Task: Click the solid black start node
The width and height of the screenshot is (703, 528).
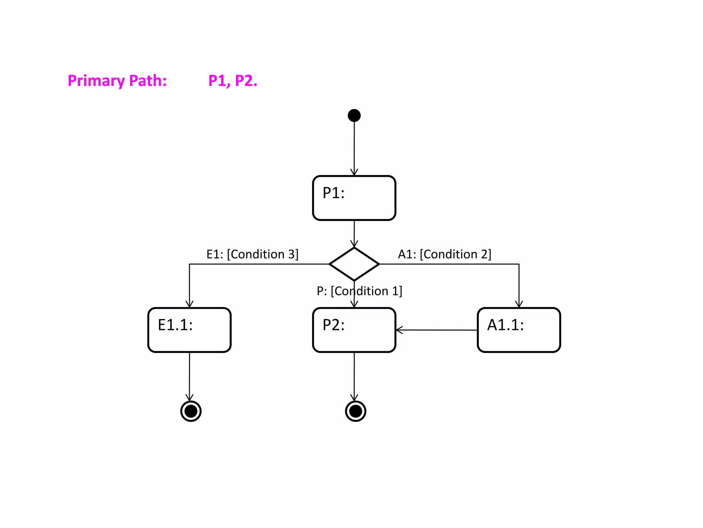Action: (x=354, y=115)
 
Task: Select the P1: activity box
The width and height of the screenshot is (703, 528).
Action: (x=354, y=198)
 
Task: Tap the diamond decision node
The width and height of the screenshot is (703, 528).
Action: (x=354, y=264)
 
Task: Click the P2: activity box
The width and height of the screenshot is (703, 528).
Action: (x=354, y=330)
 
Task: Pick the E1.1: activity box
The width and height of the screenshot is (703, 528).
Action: (x=189, y=330)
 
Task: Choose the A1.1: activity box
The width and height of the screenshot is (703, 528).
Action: (x=519, y=330)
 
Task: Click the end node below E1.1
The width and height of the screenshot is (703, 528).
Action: (x=191, y=411)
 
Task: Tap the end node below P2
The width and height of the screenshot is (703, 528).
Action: (x=356, y=411)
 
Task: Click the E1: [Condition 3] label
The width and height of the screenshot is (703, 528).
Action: (x=252, y=254)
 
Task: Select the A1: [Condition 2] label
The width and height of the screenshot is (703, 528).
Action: (x=445, y=254)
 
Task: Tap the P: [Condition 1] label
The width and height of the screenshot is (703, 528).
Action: (x=359, y=291)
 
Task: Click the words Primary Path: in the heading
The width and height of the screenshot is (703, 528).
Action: (x=117, y=81)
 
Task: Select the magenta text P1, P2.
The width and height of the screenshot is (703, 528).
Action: (x=233, y=81)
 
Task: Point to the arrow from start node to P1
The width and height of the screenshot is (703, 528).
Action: (x=354, y=146)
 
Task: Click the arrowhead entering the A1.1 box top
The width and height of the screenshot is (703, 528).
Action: (x=519, y=304)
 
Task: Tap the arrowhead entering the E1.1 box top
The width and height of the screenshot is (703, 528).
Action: (x=189, y=304)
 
